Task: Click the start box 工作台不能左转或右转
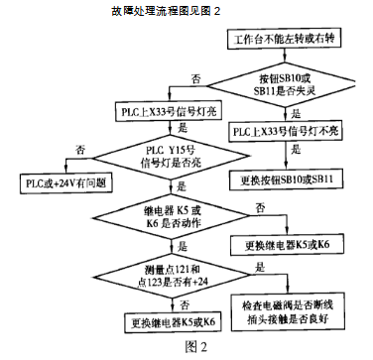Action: (x=288, y=42)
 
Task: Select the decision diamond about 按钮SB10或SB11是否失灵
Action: (x=287, y=81)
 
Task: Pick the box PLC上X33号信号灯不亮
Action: (x=288, y=130)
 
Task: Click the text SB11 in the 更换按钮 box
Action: (x=319, y=182)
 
